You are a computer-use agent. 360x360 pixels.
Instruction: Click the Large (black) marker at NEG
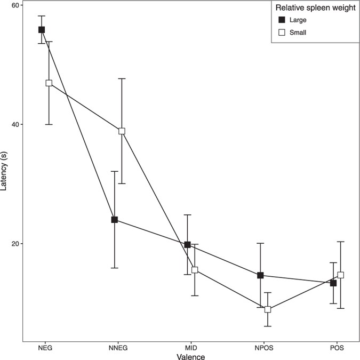click(41, 30)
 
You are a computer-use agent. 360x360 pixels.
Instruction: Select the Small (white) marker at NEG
click(49, 83)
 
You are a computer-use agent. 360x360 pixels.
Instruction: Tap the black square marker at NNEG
click(114, 220)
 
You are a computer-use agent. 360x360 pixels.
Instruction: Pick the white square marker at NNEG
click(122, 131)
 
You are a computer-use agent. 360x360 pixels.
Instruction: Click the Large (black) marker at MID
click(187, 245)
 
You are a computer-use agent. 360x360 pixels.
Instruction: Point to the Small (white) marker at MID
click(195, 270)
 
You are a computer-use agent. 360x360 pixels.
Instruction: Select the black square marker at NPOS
click(260, 275)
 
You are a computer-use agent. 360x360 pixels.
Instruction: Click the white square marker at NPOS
click(268, 309)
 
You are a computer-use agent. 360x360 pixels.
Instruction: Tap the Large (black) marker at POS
click(333, 283)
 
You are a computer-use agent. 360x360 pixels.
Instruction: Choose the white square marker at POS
click(341, 275)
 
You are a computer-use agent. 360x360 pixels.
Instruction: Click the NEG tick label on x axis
click(45, 347)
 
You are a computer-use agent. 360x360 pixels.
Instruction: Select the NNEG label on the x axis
click(118, 347)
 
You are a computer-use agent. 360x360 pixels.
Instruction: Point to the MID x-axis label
click(191, 347)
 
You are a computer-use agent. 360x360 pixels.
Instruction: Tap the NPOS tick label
click(264, 347)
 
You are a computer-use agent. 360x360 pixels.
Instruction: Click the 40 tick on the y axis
click(15, 125)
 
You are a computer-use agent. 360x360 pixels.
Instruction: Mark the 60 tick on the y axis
click(15, 5)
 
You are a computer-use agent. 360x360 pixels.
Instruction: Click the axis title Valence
click(191, 356)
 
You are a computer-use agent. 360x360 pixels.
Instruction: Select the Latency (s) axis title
click(5, 172)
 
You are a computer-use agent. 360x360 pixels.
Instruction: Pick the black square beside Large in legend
click(282, 20)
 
